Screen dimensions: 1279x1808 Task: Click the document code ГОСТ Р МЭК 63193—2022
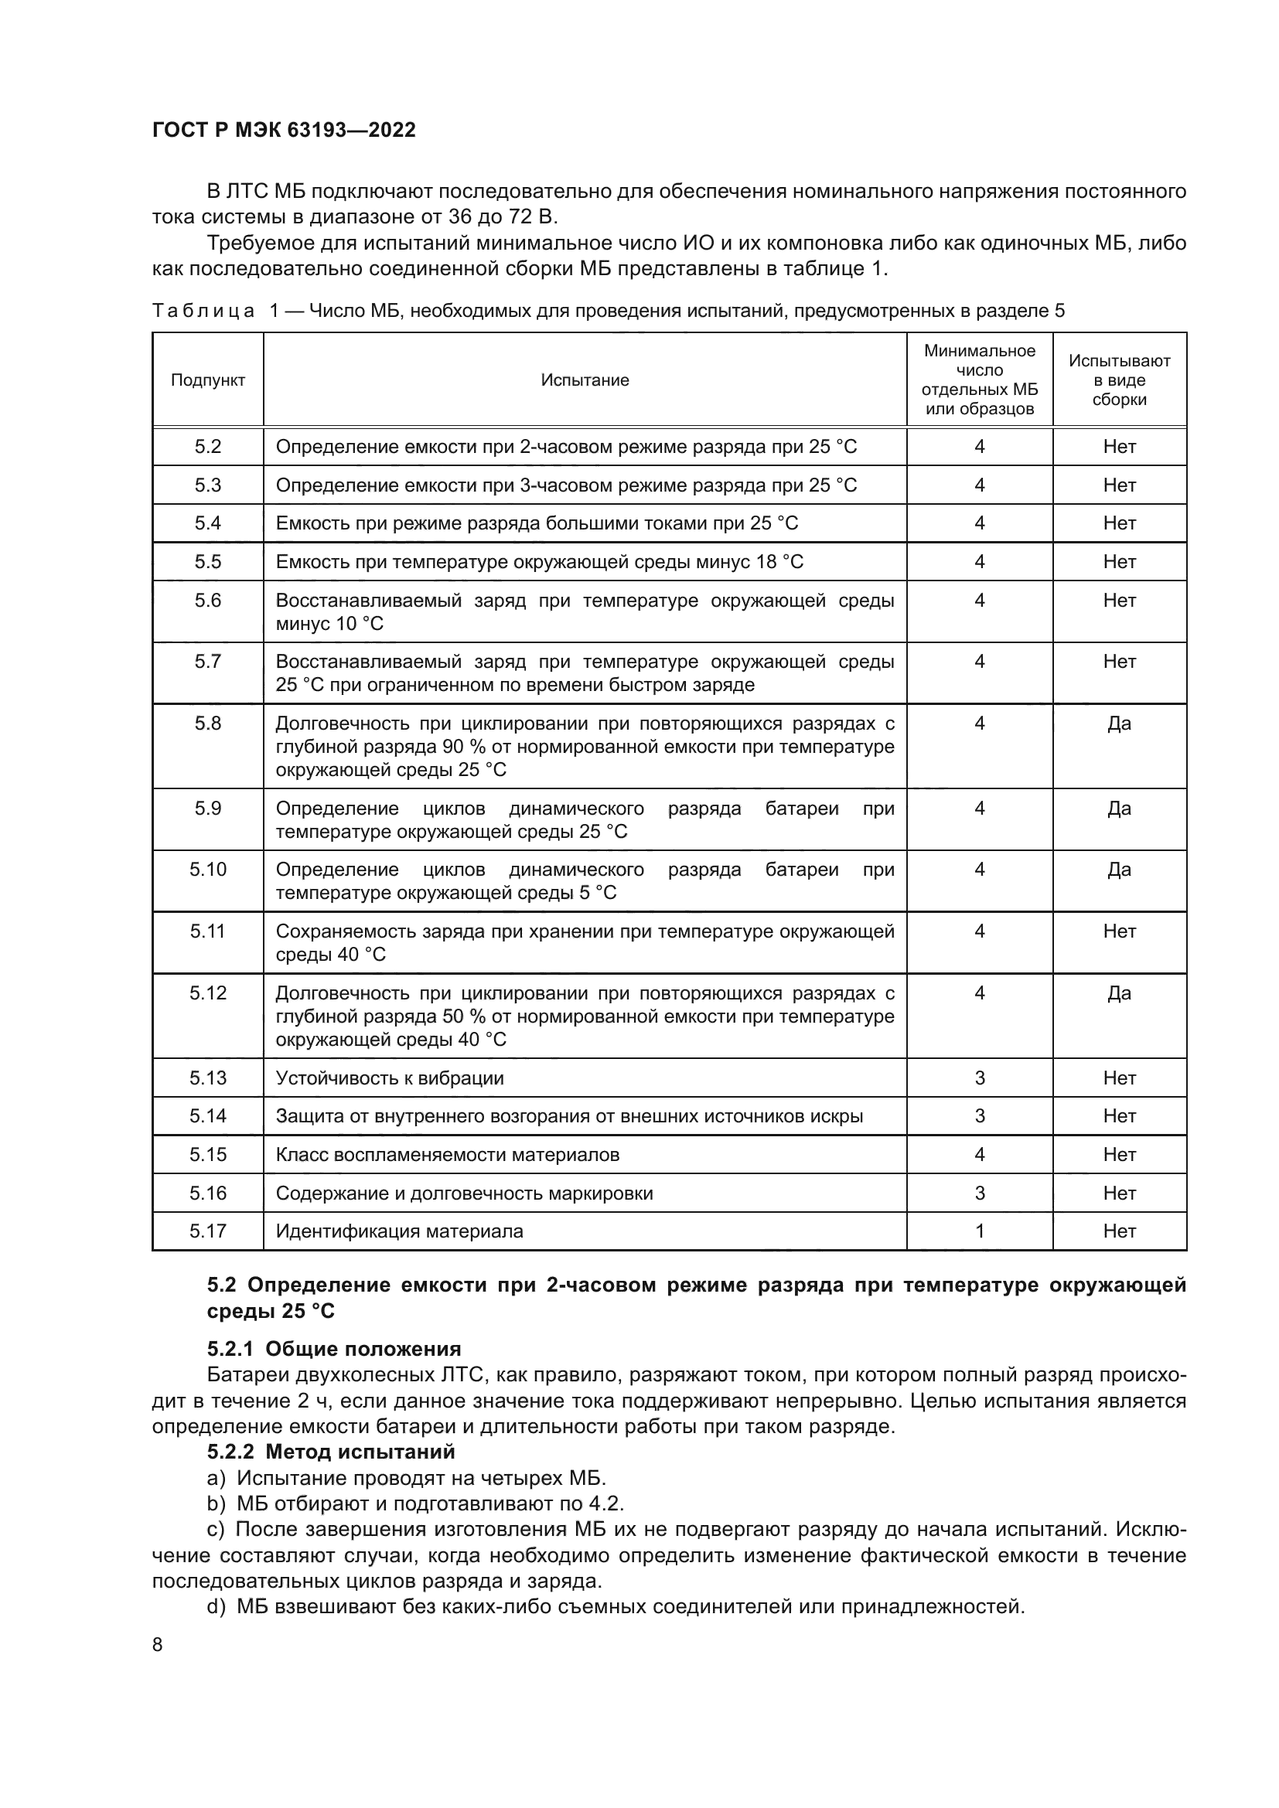tap(284, 130)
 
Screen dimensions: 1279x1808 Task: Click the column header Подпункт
tap(208, 380)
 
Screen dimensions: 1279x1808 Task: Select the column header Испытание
tap(585, 380)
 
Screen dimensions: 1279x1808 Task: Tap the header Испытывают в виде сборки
tap(1119, 380)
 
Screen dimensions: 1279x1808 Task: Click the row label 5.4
tap(208, 523)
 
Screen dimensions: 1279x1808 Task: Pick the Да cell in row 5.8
tap(1119, 724)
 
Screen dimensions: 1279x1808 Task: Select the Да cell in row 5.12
tap(1119, 993)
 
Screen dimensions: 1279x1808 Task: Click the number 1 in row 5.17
tap(980, 1231)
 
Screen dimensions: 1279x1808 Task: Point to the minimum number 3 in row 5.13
tap(980, 1078)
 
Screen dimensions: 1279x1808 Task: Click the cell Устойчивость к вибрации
tap(390, 1078)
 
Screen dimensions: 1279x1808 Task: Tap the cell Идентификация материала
tap(399, 1231)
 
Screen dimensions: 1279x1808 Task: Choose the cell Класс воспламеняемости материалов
tap(447, 1154)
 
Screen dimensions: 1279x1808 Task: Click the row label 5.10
tap(208, 870)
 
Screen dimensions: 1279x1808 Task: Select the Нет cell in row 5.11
tap(1119, 931)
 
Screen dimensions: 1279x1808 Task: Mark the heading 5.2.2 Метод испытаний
tap(331, 1452)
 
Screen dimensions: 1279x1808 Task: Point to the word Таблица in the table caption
tap(203, 311)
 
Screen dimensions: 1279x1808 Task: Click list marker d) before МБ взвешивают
tap(216, 1606)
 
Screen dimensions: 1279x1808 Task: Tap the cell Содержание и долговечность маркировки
tap(465, 1193)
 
